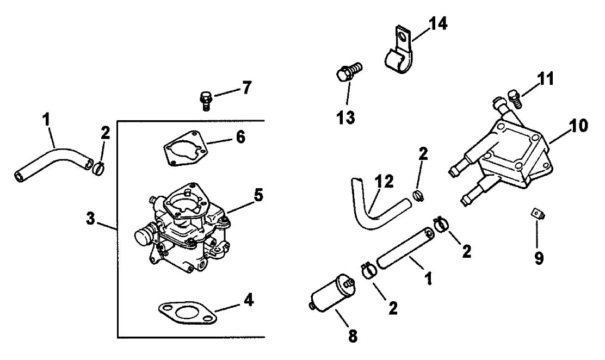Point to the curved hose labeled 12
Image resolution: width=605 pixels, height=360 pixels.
point(375,209)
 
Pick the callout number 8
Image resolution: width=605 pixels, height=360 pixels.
point(353,336)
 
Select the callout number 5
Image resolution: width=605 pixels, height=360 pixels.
point(258,194)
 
